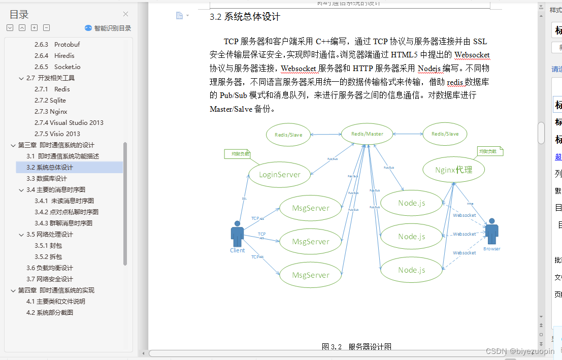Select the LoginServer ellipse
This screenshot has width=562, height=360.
tap(280, 175)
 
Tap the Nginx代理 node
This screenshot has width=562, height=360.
tap(453, 170)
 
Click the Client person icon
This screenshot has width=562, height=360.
tap(237, 234)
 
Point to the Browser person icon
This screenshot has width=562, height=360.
tap(491, 232)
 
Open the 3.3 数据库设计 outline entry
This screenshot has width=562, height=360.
tap(47, 179)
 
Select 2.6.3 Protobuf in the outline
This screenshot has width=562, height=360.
tap(57, 45)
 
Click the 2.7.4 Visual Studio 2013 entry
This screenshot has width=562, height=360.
tap(69, 123)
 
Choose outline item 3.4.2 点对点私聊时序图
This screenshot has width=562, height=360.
tap(67, 212)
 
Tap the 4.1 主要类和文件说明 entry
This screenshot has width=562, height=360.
tap(56, 302)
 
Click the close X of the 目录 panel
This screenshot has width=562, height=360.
tap(126, 14)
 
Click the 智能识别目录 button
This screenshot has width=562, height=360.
tap(108, 28)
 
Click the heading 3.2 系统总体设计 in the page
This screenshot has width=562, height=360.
tap(245, 17)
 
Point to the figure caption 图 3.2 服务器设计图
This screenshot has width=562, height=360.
tap(356, 347)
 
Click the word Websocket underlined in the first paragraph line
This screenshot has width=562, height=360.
tap(472, 55)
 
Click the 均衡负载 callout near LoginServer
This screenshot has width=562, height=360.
tap(237, 154)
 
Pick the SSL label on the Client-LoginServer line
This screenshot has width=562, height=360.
tap(244, 199)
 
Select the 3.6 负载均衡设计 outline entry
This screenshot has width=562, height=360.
tap(50, 268)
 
